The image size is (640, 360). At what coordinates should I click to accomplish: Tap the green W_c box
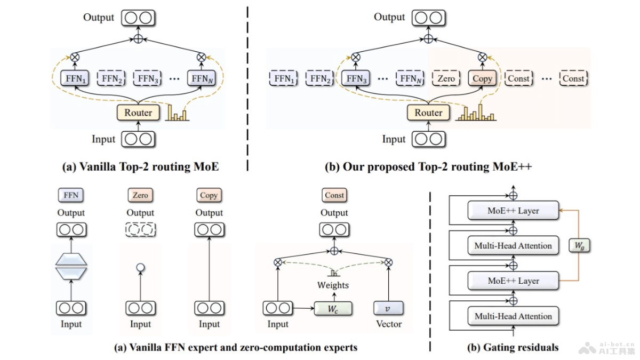pyautogui.click(x=333, y=308)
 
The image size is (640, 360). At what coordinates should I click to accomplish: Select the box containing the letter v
pyautogui.click(x=388, y=308)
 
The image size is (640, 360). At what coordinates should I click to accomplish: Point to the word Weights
pyautogui.click(x=333, y=285)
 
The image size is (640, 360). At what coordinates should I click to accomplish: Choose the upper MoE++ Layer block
pyautogui.click(x=513, y=211)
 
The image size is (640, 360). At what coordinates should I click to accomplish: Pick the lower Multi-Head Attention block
pyautogui.click(x=513, y=316)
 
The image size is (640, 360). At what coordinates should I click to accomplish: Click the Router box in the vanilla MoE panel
pyautogui.click(x=138, y=113)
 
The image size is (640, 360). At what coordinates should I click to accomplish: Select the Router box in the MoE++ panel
pyautogui.click(x=428, y=113)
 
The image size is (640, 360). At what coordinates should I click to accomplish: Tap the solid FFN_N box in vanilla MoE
pyautogui.click(x=201, y=78)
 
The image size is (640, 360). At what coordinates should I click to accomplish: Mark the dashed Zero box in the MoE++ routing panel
pyautogui.click(x=446, y=78)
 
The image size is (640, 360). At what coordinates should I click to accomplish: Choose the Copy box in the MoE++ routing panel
pyautogui.click(x=482, y=78)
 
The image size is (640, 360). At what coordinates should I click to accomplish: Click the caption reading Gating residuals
pyautogui.click(x=513, y=348)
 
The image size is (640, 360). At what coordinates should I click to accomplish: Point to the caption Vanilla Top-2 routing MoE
pyautogui.click(x=141, y=166)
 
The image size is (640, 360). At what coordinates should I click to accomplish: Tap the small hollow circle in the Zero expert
pyautogui.click(x=140, y=267)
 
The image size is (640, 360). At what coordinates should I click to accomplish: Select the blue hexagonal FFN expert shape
pyautogui.click(x=71, y=265)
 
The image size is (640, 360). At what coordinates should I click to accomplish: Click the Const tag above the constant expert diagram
pyautogui.click(x=334, y=195)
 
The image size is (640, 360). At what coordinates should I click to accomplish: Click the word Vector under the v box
pyautogui.click(x=389, y=324)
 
